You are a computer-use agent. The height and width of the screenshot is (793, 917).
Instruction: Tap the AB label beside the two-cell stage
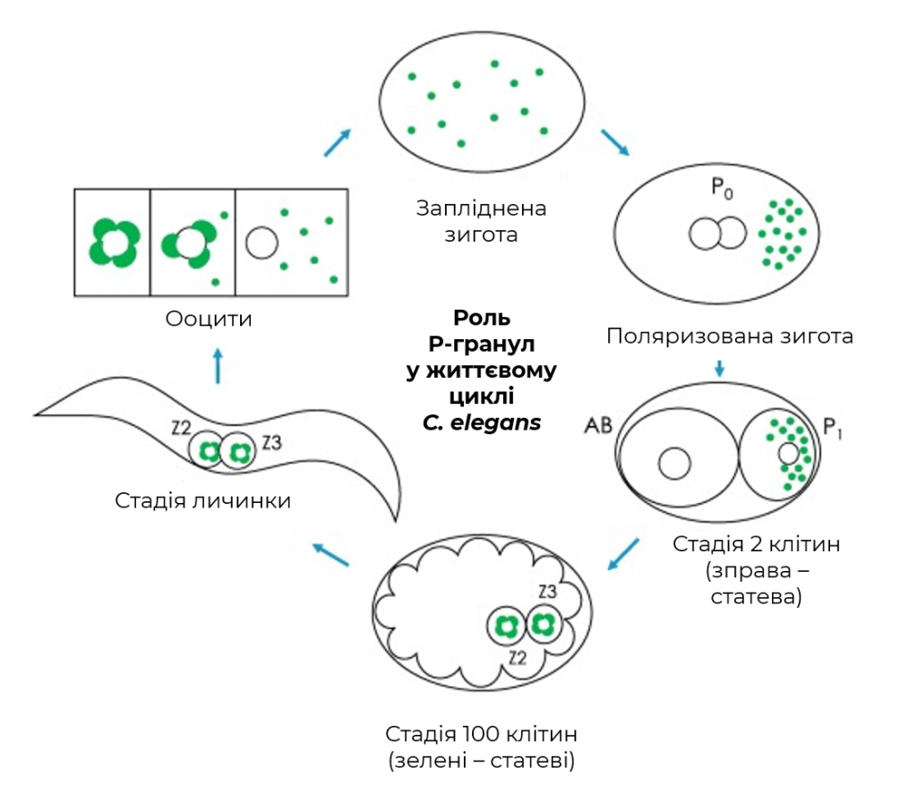click(598, 425)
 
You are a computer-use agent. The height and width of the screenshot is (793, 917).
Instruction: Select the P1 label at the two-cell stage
click(833, 428)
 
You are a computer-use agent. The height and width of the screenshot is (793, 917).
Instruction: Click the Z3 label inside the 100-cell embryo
click(547, 592)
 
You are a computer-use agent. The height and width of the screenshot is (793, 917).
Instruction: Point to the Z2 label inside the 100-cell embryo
click(517, 659)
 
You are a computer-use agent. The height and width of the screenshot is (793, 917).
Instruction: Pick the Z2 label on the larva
click(181, 429)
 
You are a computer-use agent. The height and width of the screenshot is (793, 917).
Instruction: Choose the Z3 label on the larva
click(272, 443)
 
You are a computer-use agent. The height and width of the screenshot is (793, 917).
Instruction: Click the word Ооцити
click(209, 319)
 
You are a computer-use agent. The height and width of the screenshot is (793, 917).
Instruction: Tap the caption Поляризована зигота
click(730, 337)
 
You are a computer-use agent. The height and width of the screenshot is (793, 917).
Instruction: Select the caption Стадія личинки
click(203, 501)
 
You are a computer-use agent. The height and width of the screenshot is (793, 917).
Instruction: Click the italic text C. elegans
click(482, 422)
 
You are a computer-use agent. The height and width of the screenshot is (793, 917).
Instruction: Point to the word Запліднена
click(481, 208)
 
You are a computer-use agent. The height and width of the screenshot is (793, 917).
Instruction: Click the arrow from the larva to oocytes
click(219, 366)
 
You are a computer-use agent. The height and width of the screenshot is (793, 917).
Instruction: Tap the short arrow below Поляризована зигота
click(720, 368)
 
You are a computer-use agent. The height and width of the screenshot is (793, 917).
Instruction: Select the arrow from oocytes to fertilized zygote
click(337, 142)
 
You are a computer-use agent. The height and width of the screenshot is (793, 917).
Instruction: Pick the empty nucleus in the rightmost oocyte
click(261, 243)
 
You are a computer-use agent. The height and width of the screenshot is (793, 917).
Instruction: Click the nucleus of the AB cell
click(674, 464)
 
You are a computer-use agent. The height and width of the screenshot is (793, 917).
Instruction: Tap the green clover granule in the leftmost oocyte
click(114, 243)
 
